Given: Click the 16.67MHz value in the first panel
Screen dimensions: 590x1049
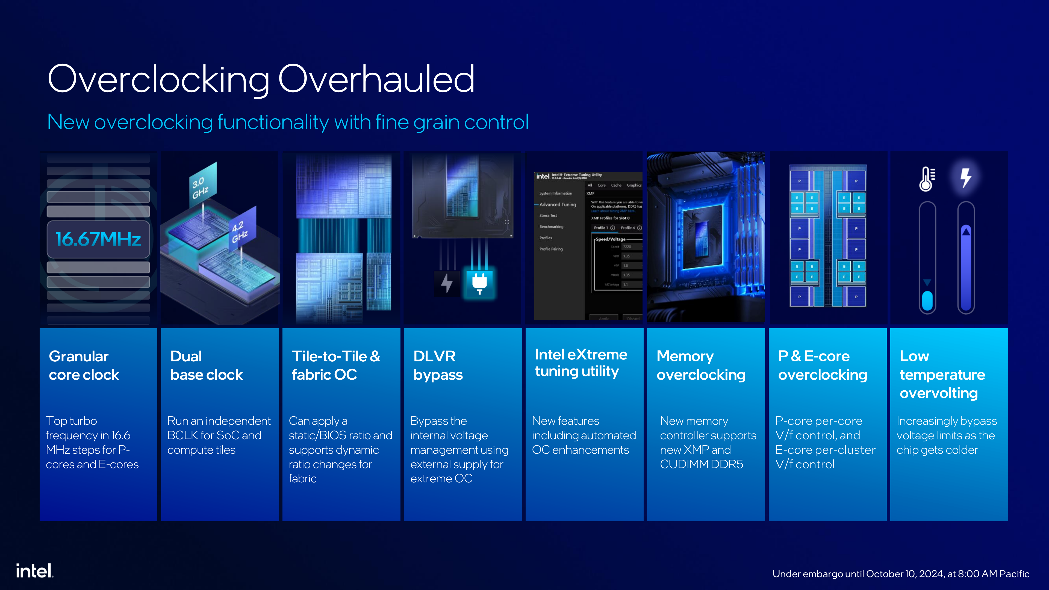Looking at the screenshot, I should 98,239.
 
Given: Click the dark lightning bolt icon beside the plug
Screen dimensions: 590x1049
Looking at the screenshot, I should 447,283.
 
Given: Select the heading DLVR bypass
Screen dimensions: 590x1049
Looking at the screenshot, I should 438,365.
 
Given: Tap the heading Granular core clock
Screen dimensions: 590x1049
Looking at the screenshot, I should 84,365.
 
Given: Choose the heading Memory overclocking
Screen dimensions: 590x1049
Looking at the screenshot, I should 700,365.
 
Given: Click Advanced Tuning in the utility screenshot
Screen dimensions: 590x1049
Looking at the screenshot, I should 558,204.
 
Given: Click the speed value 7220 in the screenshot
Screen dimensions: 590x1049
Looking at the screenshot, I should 627,247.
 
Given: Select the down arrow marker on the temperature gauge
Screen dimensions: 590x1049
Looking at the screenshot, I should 927,282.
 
